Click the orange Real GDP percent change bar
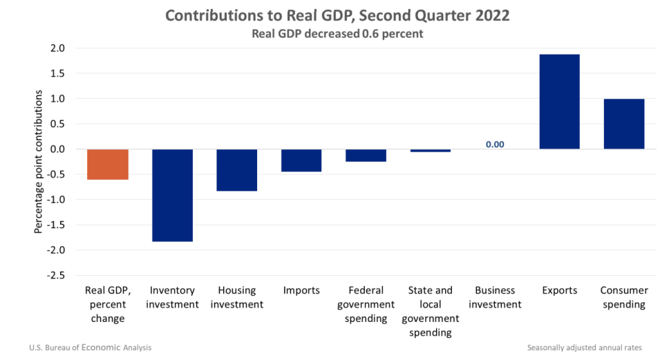[x=107, y=164]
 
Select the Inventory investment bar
[x=172, y=195]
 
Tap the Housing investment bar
[x=236, y=170]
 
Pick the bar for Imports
[x=301, y=160]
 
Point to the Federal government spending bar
[x=366, y=155]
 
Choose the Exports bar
[x=559, y=102]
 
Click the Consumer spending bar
[x=623, y=124]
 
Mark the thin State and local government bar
[x=430, y=151]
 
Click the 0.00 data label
[x=495, y=144]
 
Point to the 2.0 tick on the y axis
[x=57, y=48]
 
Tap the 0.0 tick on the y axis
[x=57, y=149]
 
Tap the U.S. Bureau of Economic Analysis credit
[x=90, y=348]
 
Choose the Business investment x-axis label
[x=495, y=297]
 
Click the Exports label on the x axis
[x=559, y=290]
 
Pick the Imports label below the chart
[x=301, y=290]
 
